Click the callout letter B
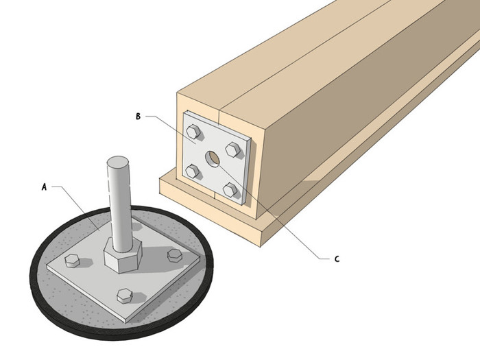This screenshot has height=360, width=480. [138, 117]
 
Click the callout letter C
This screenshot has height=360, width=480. [337, 259]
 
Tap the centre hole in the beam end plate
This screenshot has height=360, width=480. [214, 159]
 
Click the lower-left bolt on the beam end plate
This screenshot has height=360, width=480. [193, 171]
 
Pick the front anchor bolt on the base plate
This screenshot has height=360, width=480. [124, 296]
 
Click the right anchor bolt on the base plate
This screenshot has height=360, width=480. [176, 255]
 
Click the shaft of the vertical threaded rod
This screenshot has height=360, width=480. [117, 206]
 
